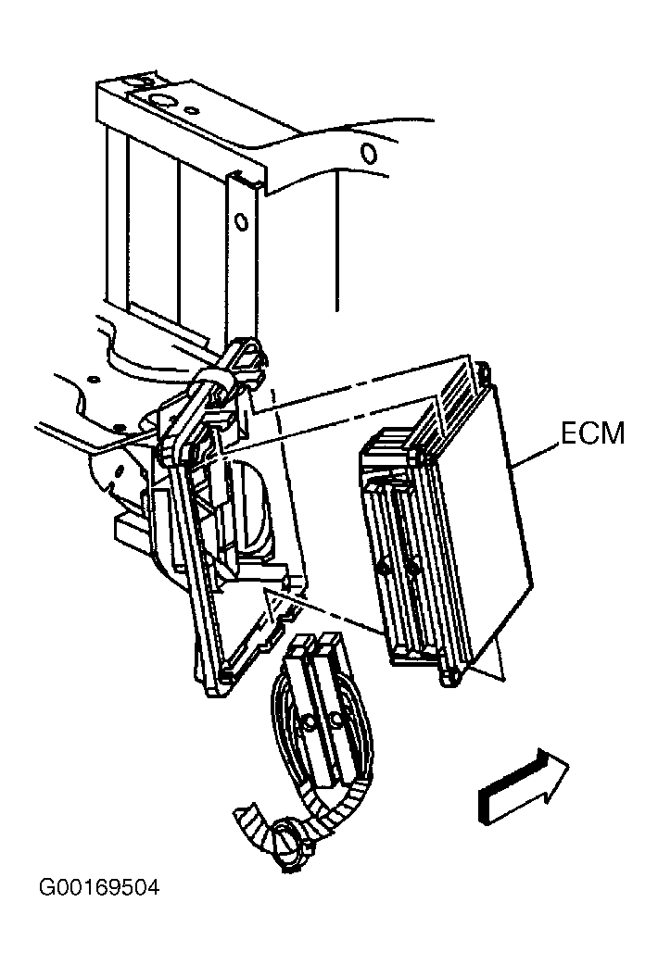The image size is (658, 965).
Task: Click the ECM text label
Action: [x=592, y=434]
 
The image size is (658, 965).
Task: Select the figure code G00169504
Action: [x=98, y=887]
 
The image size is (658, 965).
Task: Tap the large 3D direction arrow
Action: [x=523, y=785]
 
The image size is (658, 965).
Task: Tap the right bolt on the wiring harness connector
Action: [x=335, y=718]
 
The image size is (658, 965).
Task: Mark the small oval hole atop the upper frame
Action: [x=193, y=111]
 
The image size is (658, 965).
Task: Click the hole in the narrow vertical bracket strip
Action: [x=242, y=220]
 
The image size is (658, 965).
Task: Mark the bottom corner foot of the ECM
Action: [x=449, y=678]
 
